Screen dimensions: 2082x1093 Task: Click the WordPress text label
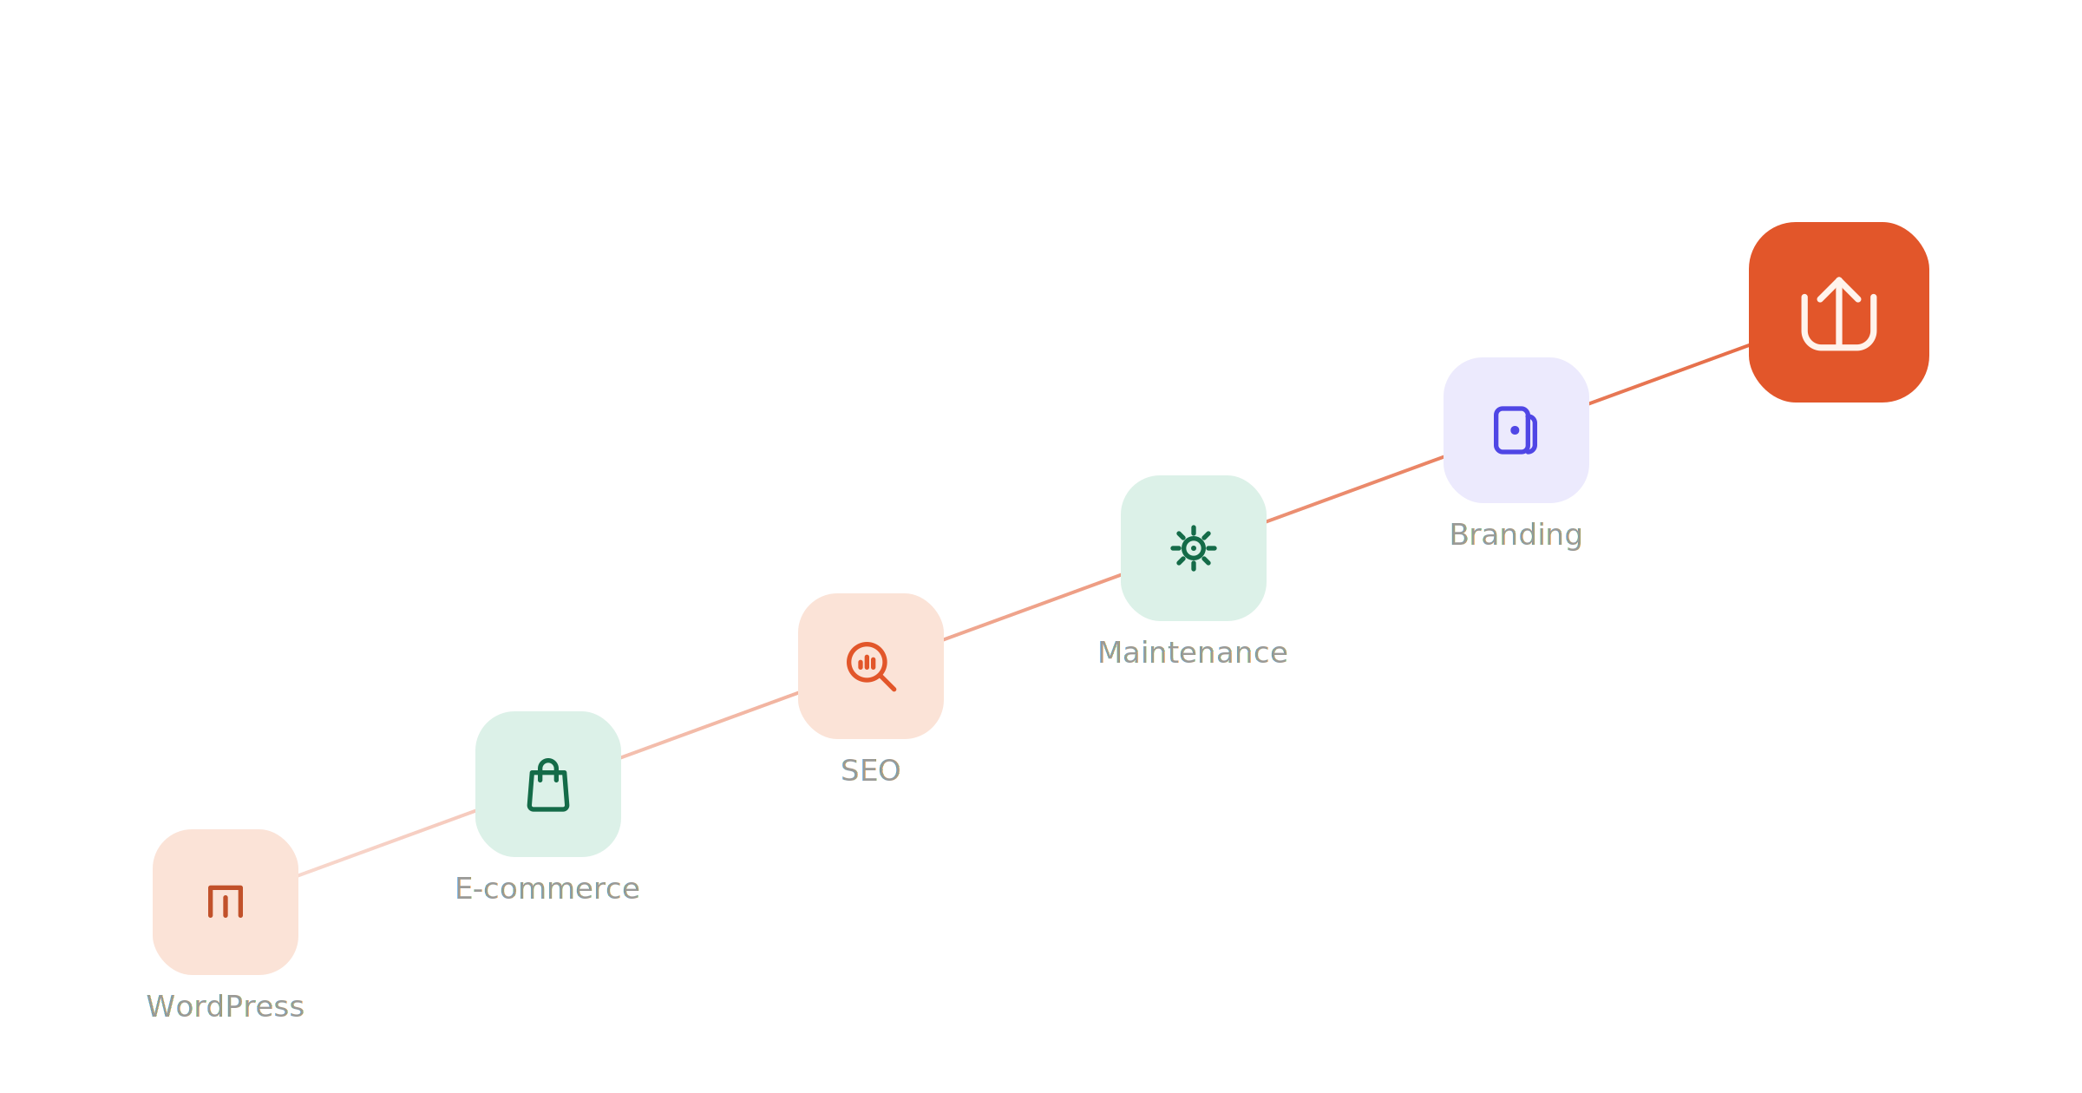pos(226,1006)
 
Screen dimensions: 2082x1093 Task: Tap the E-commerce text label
pos(547,888)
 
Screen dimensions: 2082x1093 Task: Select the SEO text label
pos(870,770)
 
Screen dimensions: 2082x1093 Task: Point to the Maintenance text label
pos(1193,652)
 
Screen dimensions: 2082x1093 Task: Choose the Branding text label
pos(1516,535)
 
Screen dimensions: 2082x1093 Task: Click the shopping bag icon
pos(548,785)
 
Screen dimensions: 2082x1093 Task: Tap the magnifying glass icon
pos(871,666)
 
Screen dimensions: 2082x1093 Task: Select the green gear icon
pos(1194,548)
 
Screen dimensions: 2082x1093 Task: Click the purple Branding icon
pos(1516,430)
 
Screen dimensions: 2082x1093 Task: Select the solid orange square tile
pos(1839,312)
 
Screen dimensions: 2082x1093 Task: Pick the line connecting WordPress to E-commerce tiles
pos(387,843)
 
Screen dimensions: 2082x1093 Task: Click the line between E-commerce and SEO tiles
pos(710,725)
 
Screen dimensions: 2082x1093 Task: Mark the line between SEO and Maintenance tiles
pos(1032,607)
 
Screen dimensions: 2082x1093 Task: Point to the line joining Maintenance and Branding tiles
pos(1355,489)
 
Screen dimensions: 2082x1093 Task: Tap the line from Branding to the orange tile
pos(1669,374)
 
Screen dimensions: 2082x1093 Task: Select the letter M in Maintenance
pos(1110,652)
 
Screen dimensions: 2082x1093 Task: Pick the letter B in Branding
pos(1459,534)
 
